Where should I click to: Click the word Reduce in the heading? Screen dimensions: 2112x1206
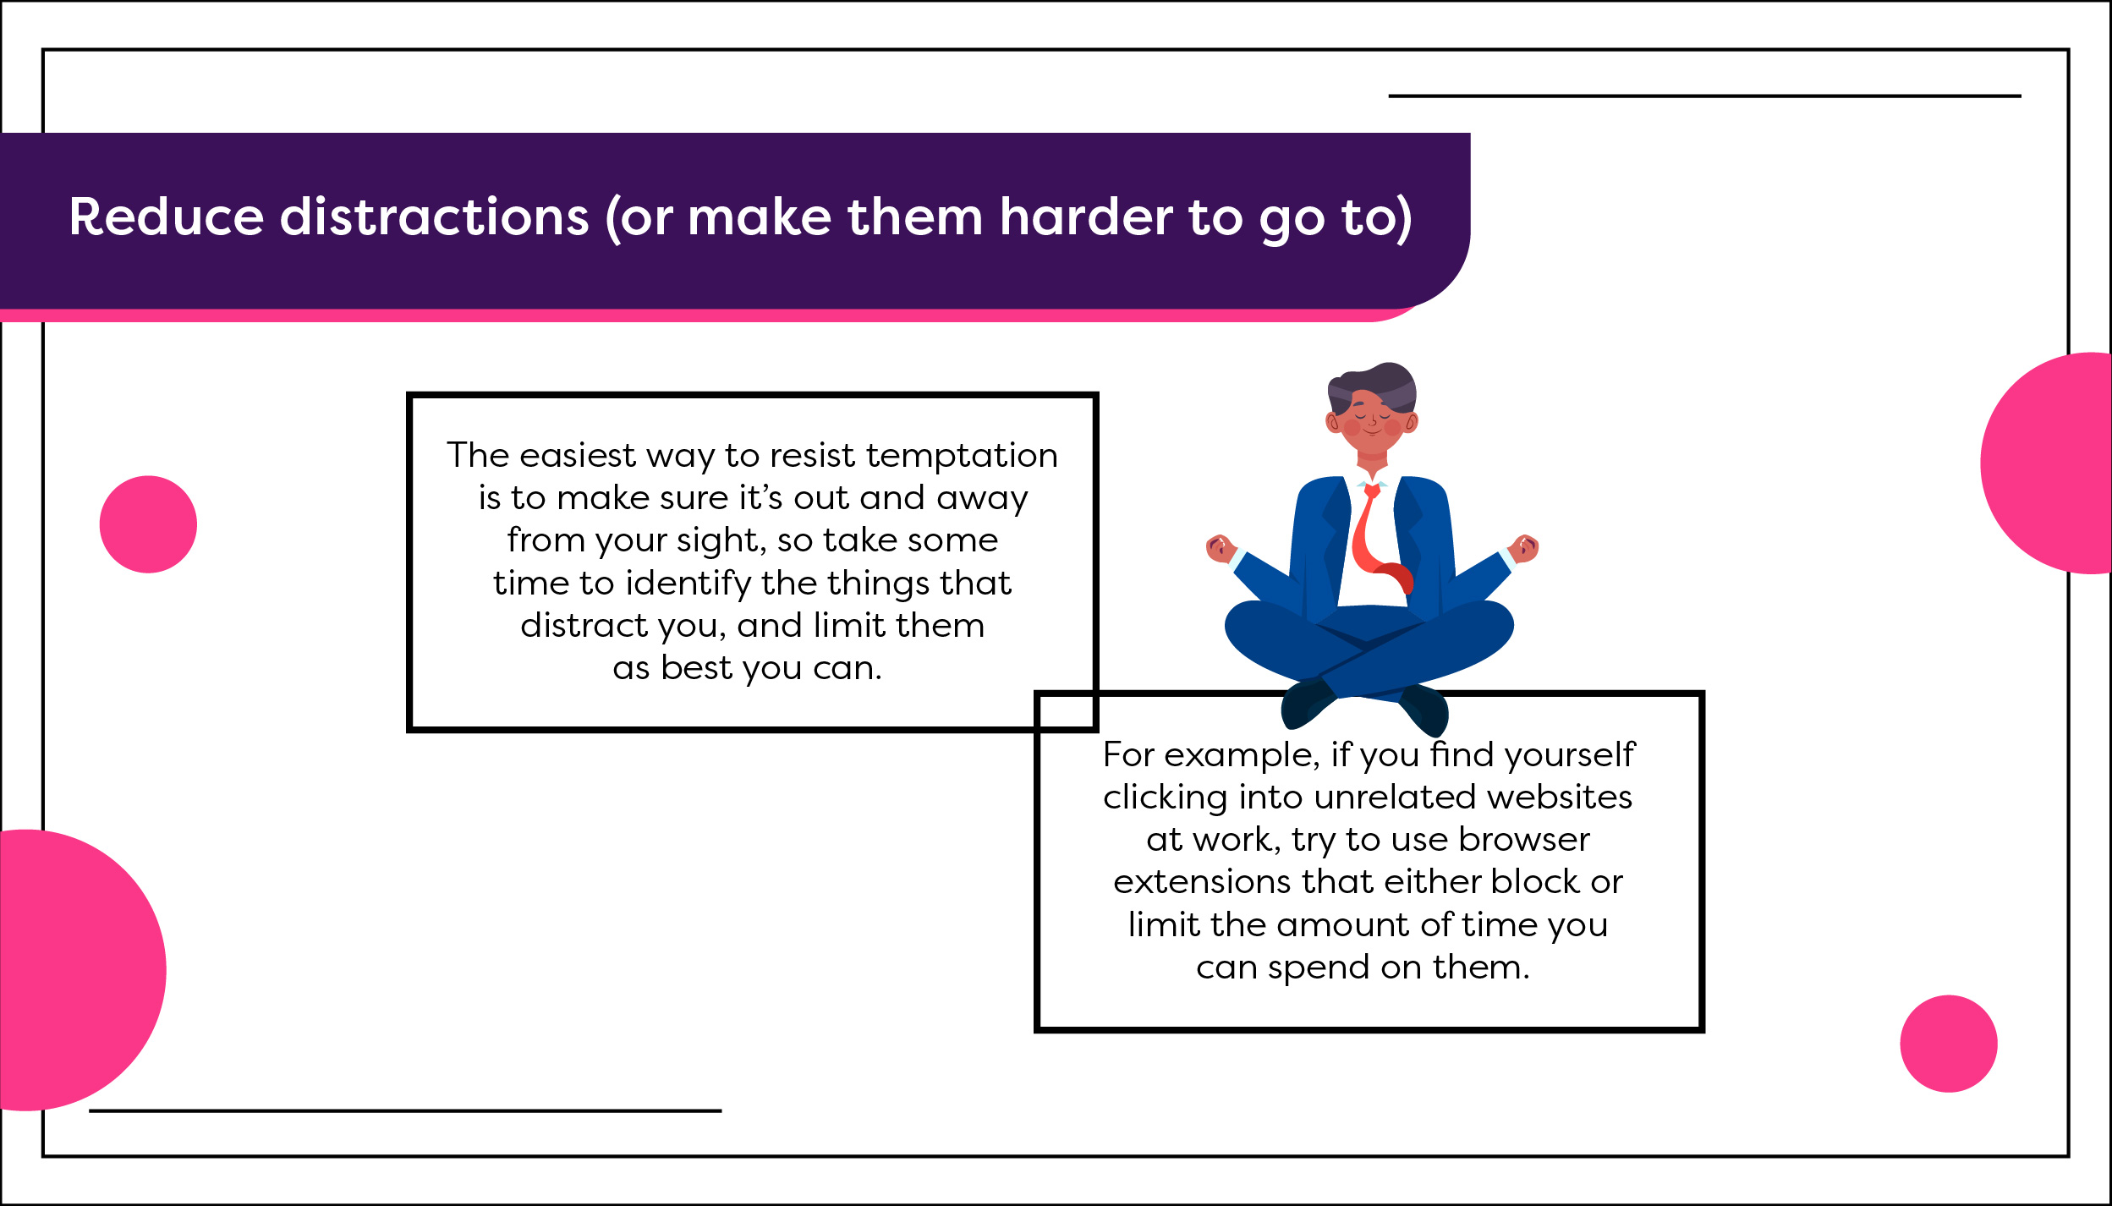point(167,217)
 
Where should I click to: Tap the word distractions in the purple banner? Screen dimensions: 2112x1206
point(435,217)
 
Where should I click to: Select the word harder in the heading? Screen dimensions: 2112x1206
point(1087,217)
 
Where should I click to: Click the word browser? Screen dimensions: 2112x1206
point(1524,839)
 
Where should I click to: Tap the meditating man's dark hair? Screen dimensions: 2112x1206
point(1372,388)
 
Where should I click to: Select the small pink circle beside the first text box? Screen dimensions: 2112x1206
point(148,524)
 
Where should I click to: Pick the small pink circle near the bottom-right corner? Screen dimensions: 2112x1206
point(1949,1044)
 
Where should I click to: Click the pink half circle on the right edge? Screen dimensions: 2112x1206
point(2047,463)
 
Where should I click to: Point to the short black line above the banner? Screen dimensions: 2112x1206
point(1704,96)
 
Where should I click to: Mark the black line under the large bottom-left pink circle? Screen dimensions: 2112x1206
point(405,1110)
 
